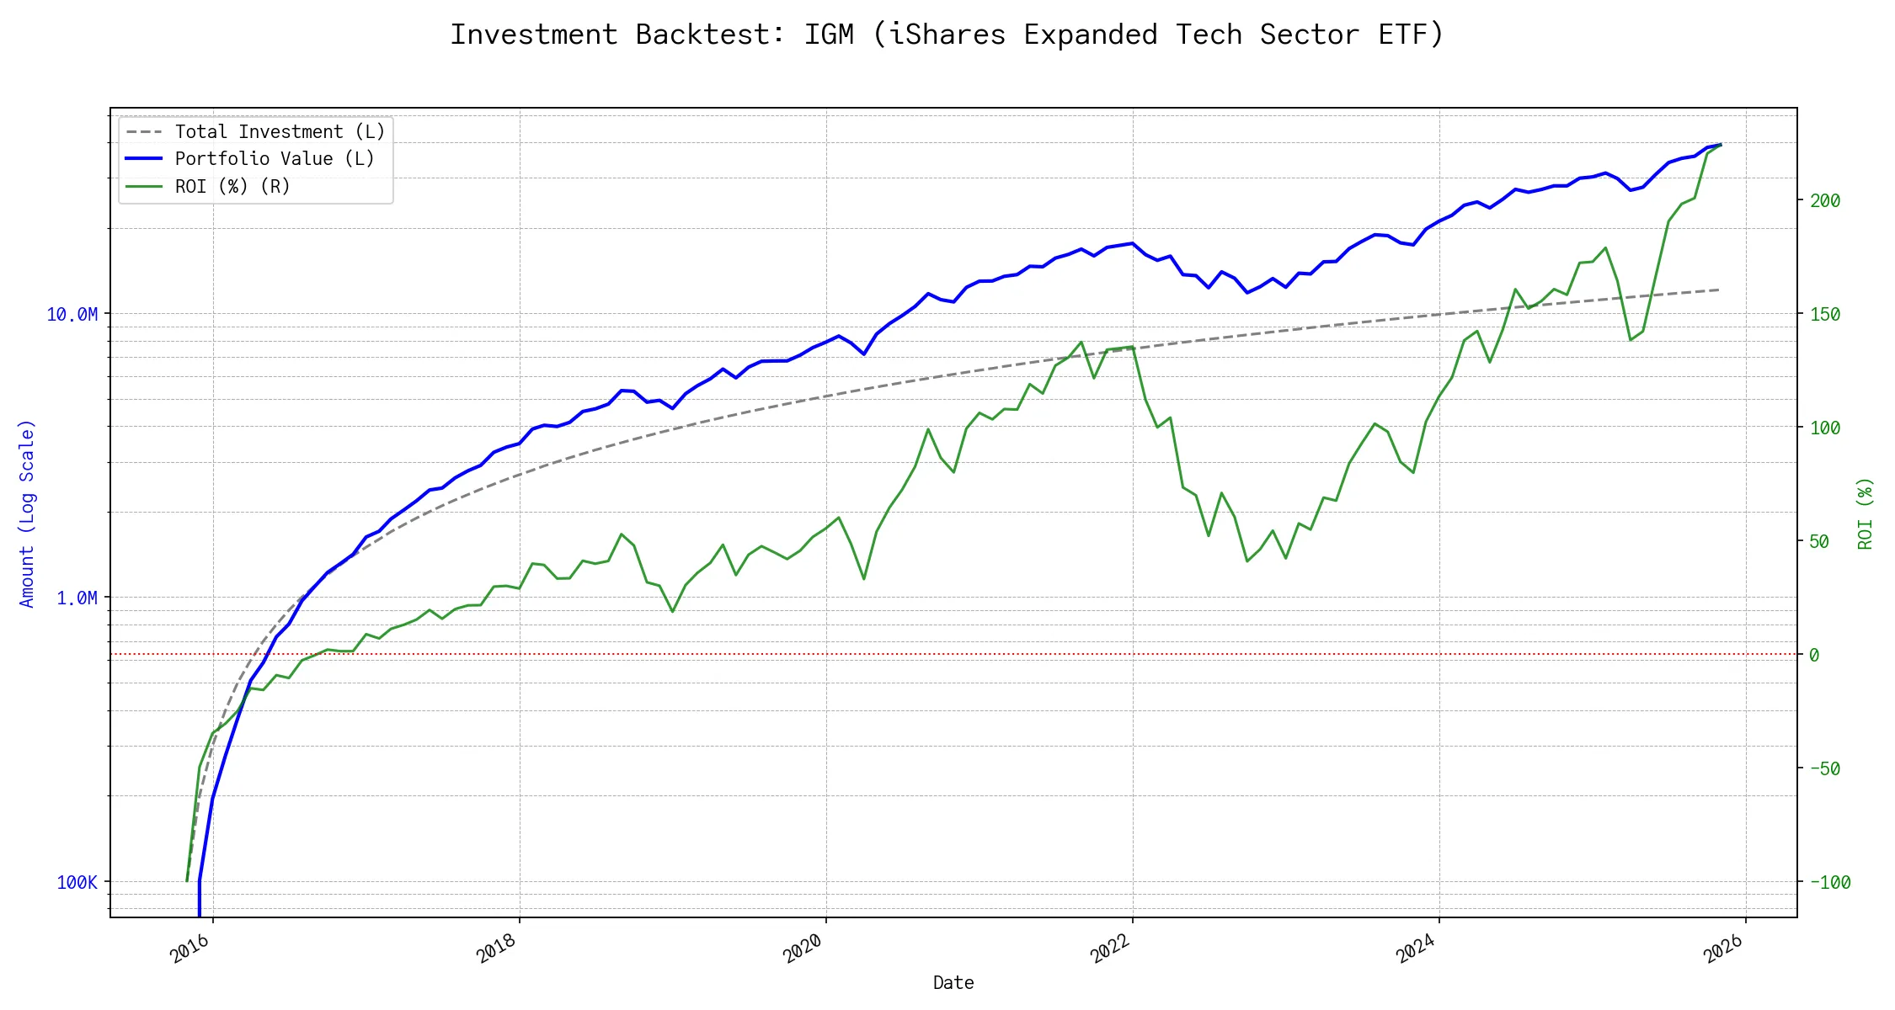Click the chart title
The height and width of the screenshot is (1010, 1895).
pos(947,35)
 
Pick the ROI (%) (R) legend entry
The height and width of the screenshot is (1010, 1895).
pos(232,187)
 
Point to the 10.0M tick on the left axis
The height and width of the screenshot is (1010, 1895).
pos(72,315)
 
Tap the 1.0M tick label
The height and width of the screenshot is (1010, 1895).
pos(77,598)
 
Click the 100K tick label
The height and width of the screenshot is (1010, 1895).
pos(77,882)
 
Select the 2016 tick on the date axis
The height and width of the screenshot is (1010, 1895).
pos(190,949)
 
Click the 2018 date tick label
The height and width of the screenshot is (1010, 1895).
pos(497,949)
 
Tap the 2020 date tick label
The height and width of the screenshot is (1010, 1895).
pos(803,949)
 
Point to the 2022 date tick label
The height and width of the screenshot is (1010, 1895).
pos(1110,949)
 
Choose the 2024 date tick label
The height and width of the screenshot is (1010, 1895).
pos(1417,949)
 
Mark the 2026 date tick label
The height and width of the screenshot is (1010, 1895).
pos(1723,949)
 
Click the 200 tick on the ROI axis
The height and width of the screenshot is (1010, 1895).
pos(1824,201)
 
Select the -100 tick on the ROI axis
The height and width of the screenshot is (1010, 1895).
pos(1829,883)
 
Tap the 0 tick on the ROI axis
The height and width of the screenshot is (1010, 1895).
pos(1814,656)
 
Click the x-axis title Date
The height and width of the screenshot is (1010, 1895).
pos(953,983)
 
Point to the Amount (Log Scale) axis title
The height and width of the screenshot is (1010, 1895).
pos(27,513)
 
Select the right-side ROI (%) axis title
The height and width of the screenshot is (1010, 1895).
pos(1866,513)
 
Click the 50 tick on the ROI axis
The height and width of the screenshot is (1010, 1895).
pos(1819,542)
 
